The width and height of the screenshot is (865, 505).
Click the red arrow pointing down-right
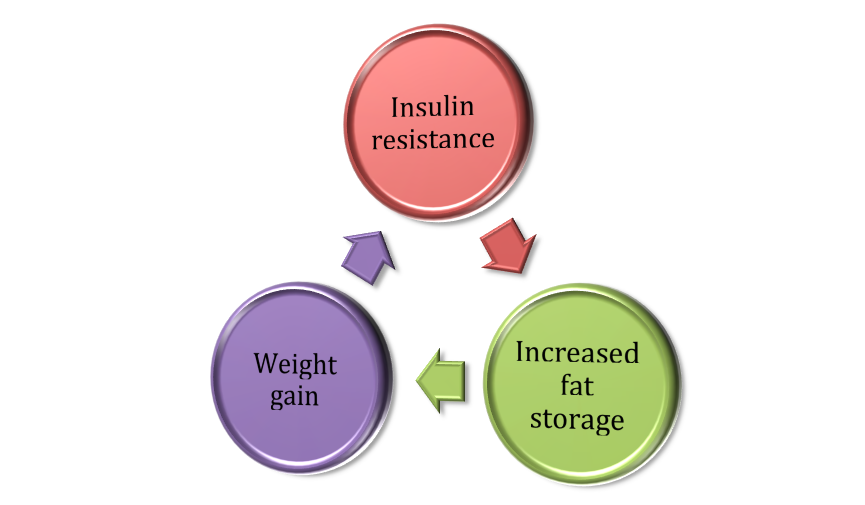509,250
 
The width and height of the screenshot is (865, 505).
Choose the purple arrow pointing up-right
367,259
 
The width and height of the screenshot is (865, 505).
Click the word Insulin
432,107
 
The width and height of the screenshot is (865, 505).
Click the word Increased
576,353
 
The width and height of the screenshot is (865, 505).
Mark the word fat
576,386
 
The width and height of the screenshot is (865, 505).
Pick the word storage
576,418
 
